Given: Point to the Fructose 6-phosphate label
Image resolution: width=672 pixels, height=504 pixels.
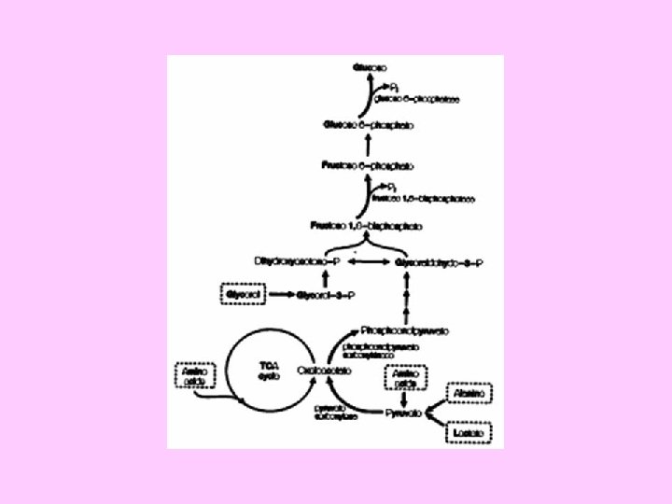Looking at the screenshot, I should (370, 164).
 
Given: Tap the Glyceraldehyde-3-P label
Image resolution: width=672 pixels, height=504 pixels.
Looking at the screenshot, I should (439, 262).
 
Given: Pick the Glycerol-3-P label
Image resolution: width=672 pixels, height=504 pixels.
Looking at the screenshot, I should (325, 296).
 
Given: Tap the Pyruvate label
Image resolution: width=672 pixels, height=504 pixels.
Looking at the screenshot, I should (405, 412).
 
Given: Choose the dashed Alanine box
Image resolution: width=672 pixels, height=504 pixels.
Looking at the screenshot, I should (469, 395).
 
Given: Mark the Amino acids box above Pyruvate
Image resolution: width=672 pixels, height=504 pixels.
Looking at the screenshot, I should (403, 377).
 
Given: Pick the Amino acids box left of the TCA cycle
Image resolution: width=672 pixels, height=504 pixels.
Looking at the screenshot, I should (194, 376).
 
